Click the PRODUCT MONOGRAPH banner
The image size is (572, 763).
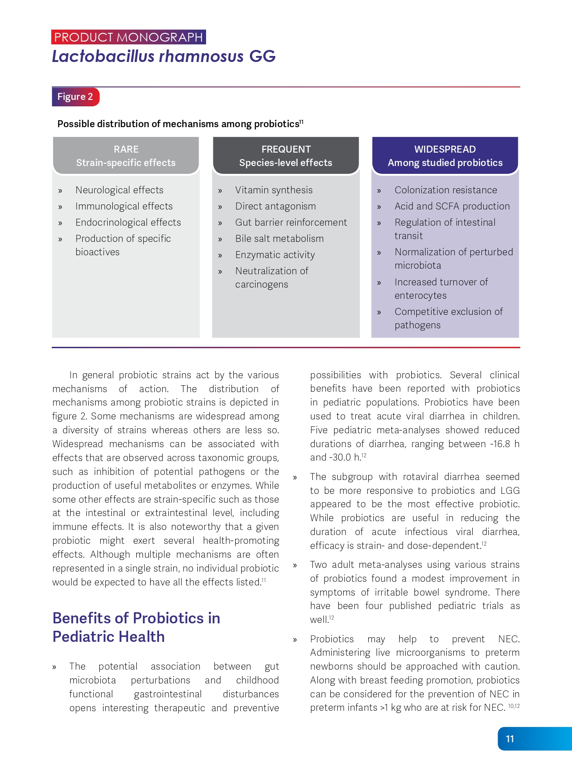128,37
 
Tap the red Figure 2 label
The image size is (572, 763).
75,97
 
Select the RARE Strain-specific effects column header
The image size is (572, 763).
126,156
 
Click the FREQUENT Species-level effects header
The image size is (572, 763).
286,156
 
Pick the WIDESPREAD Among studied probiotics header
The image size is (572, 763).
445,156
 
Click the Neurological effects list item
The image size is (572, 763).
119,190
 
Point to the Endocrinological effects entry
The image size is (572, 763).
128,222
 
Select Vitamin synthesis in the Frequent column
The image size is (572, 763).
274,190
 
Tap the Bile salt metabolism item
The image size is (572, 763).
279,239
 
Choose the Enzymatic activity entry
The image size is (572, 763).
275,255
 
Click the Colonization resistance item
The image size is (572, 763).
445,190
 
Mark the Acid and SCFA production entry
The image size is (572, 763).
452,206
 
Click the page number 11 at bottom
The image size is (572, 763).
510,739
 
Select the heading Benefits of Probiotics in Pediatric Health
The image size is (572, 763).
136,627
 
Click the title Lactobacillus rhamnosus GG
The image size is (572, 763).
164,56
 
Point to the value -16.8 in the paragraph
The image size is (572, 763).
500,444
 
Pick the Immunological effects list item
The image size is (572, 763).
124,206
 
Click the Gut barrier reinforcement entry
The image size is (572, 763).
291,222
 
